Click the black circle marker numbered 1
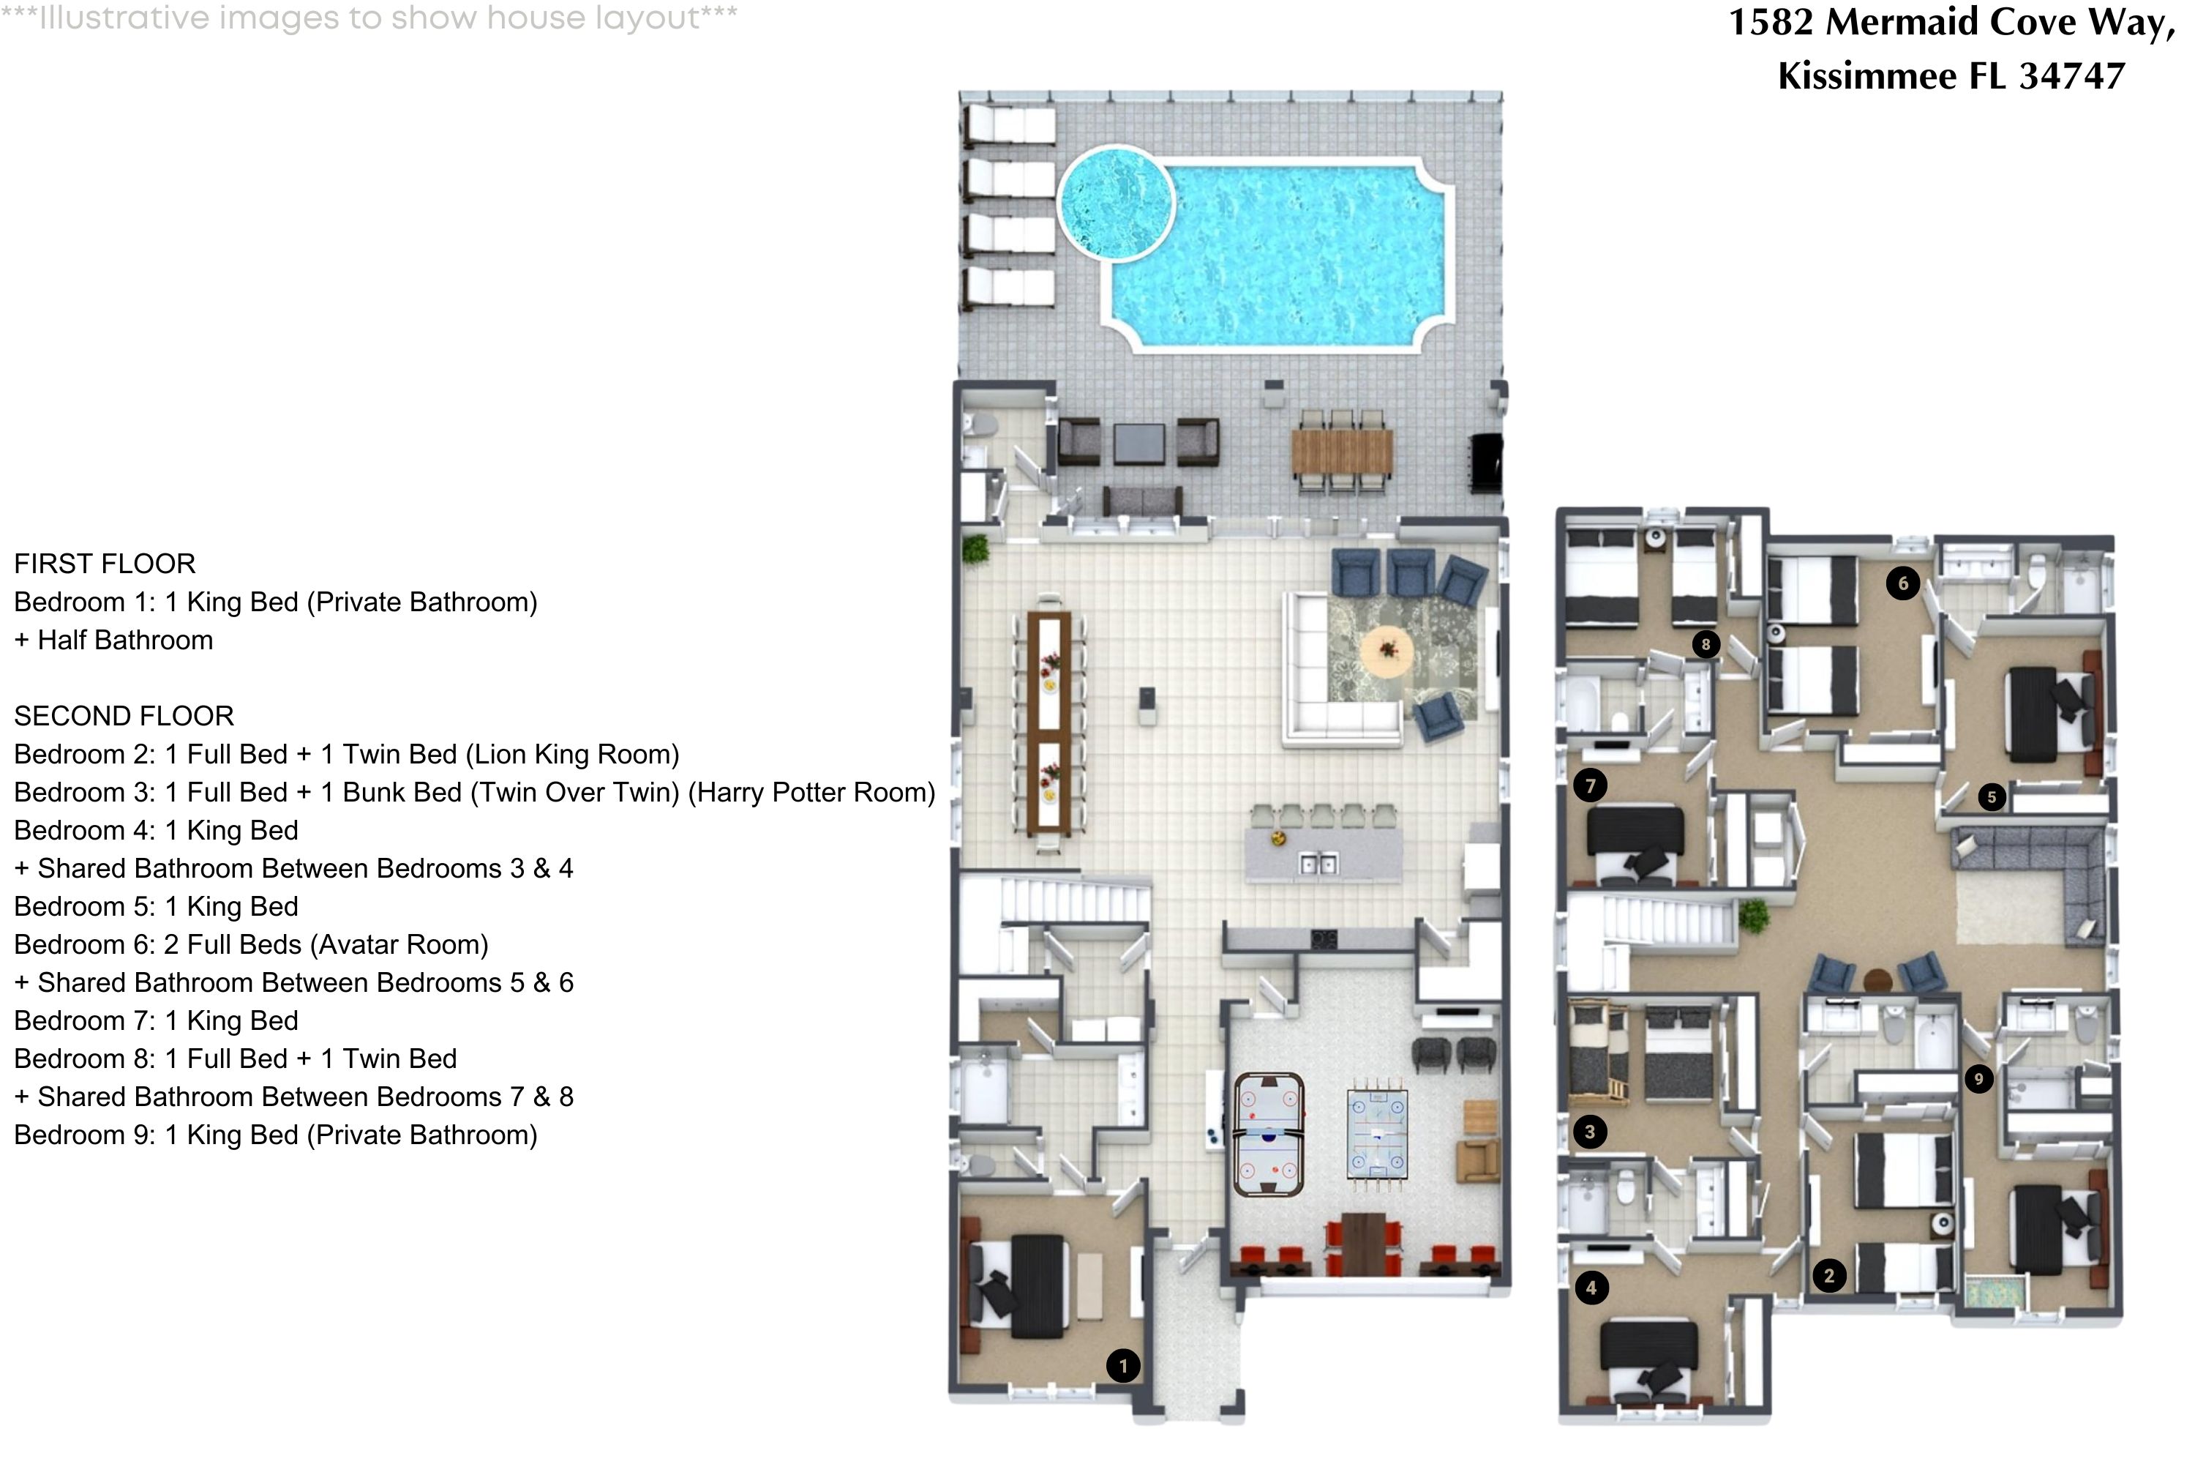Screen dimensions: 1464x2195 1122,1365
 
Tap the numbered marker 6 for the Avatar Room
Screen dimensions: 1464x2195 1903,583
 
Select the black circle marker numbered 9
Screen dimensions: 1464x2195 1978,1079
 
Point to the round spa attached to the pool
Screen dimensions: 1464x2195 1115,203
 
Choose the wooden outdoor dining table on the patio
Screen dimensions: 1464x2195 1342,450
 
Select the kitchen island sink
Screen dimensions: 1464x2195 1318,864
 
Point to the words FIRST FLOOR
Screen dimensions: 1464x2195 105,564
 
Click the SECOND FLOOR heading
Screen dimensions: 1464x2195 124,716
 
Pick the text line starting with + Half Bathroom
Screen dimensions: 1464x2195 114,640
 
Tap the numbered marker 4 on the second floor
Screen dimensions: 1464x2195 1591,1288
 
